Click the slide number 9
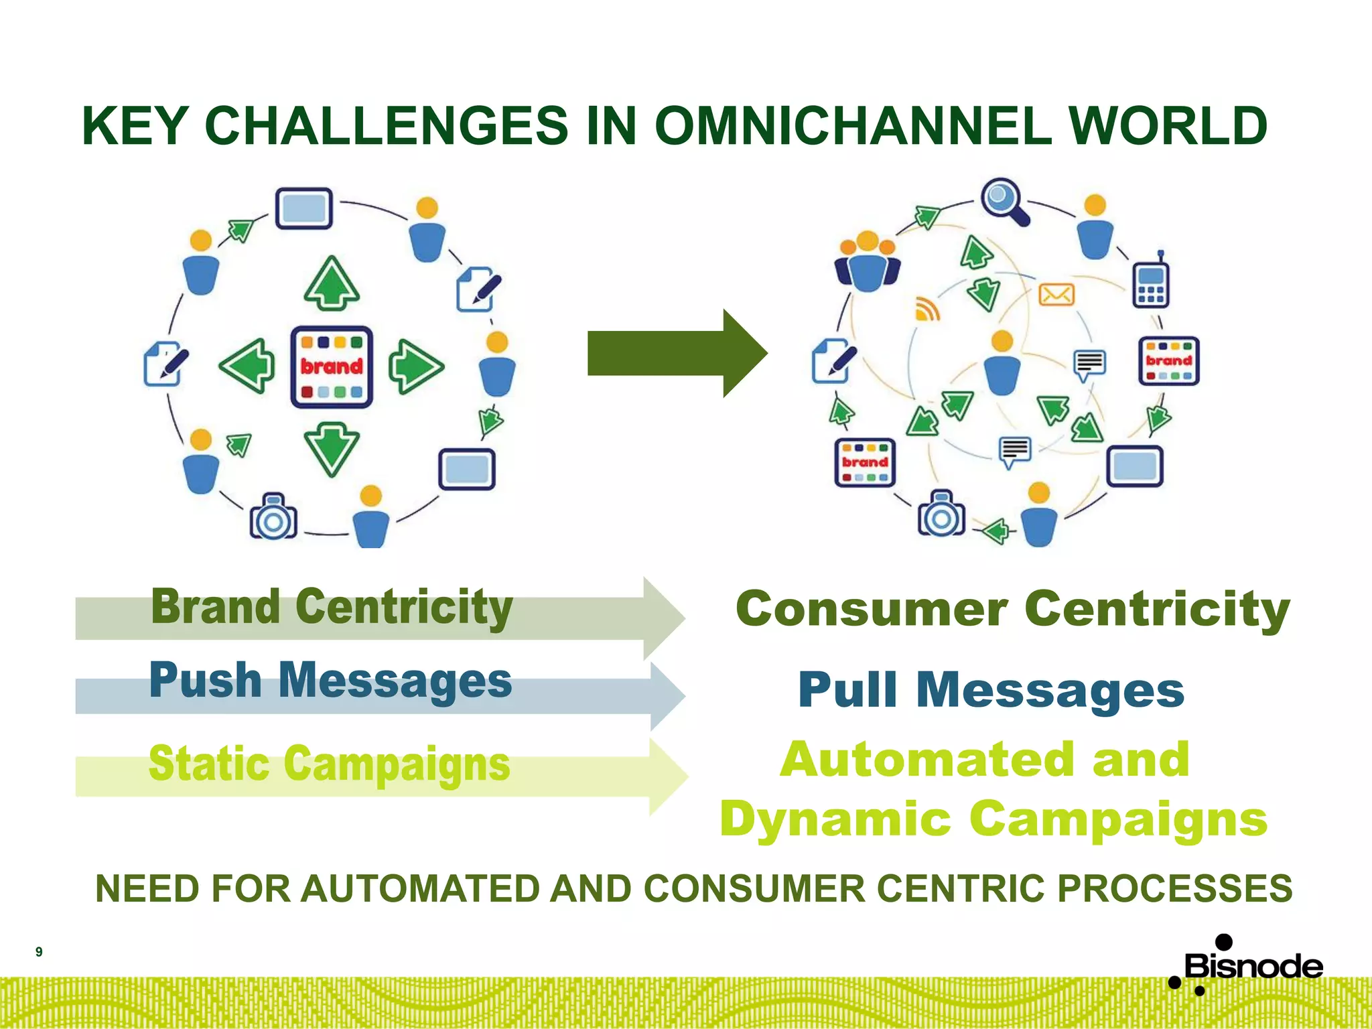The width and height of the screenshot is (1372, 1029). tap(39, 952)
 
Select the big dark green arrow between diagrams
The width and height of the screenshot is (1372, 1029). tap(677, 353)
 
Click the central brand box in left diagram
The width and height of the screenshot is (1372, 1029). tap(332, 367)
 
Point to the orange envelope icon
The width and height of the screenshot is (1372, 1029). tap(1056, 294)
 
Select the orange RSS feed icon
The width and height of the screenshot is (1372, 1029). tap(928, 309)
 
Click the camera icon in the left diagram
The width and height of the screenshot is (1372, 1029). tap(273, 517)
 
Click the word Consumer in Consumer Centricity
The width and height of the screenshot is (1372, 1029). tap(871, 609)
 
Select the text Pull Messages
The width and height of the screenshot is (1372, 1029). tap(991, 690)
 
